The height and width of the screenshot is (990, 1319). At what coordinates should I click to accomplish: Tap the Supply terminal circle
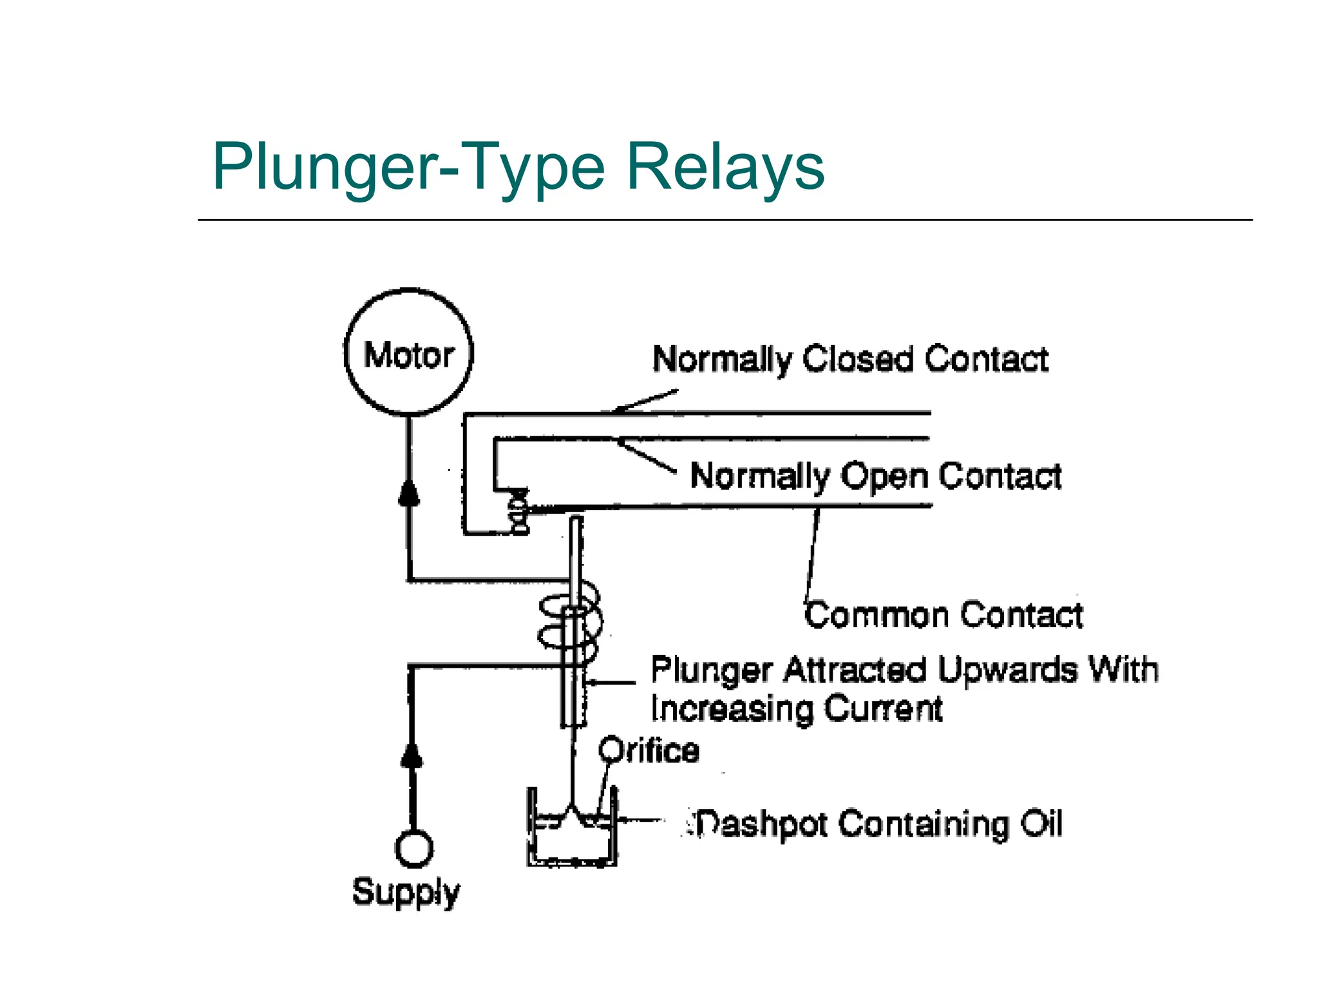[x=413, y=849]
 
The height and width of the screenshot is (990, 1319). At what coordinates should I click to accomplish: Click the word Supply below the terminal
[x=406, y=893]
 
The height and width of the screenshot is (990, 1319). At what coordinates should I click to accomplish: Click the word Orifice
[x=649, y=751]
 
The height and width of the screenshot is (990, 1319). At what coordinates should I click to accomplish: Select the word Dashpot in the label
[x=761, y=824]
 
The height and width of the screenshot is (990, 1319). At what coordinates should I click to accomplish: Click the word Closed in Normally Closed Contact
[x=857, y=359]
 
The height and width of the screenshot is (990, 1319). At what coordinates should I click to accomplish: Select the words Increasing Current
[x=796, y=709]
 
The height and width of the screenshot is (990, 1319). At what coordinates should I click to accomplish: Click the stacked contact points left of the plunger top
[x=519, y=512]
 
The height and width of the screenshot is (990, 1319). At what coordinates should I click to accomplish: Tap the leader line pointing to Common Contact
[x=812, y=554]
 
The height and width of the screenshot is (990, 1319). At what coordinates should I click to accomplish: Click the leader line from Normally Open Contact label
[x=647, y=456]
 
